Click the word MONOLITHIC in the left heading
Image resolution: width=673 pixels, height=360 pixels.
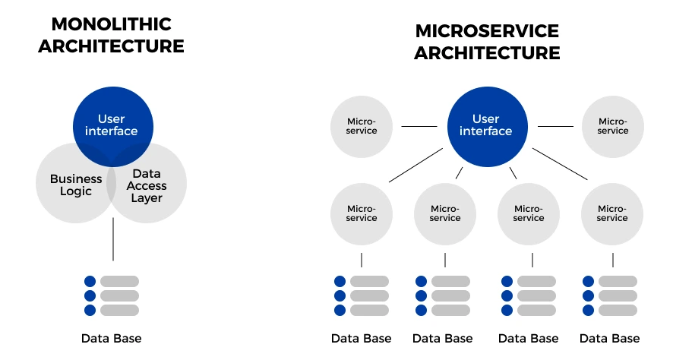111,24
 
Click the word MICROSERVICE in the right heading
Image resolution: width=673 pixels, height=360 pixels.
487,31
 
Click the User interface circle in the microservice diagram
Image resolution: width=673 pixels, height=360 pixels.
488,127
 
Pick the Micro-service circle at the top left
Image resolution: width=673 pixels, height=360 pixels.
362,127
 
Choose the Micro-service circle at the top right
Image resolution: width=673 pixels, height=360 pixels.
613,127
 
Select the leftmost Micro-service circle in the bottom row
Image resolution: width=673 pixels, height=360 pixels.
362,214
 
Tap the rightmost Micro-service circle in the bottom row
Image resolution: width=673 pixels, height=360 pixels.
612,214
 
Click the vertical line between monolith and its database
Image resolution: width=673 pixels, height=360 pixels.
113,239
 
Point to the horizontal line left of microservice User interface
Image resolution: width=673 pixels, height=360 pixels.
419,127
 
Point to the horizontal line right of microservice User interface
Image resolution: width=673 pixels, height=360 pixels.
555,127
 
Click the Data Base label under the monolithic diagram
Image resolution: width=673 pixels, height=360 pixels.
111,339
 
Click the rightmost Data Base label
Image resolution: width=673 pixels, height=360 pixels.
609,339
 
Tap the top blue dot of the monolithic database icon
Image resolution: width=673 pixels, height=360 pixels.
90,282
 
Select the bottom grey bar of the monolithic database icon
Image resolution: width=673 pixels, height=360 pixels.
120,310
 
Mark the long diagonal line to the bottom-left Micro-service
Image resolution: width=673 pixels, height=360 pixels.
416,166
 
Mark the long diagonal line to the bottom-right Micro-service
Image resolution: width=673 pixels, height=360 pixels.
560,164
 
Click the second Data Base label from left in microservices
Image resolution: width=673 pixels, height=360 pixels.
443,339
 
